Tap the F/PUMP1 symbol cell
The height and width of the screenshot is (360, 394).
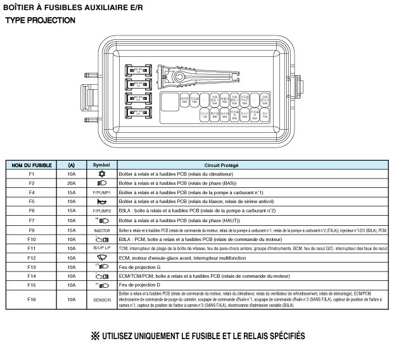click(101, 192)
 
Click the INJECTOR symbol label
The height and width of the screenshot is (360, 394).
click(101, 230)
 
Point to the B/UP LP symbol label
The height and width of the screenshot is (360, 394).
click(101, 249)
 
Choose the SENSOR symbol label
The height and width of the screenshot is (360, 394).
click(101, 299)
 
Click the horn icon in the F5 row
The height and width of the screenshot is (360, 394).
click(101, 201)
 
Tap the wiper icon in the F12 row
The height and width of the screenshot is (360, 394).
click(101, 258)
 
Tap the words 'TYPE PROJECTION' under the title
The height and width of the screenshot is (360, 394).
click(40, 20)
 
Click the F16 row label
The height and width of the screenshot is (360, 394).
click(31, 299)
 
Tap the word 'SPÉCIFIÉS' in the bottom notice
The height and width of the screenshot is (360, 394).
click(276, 335)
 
